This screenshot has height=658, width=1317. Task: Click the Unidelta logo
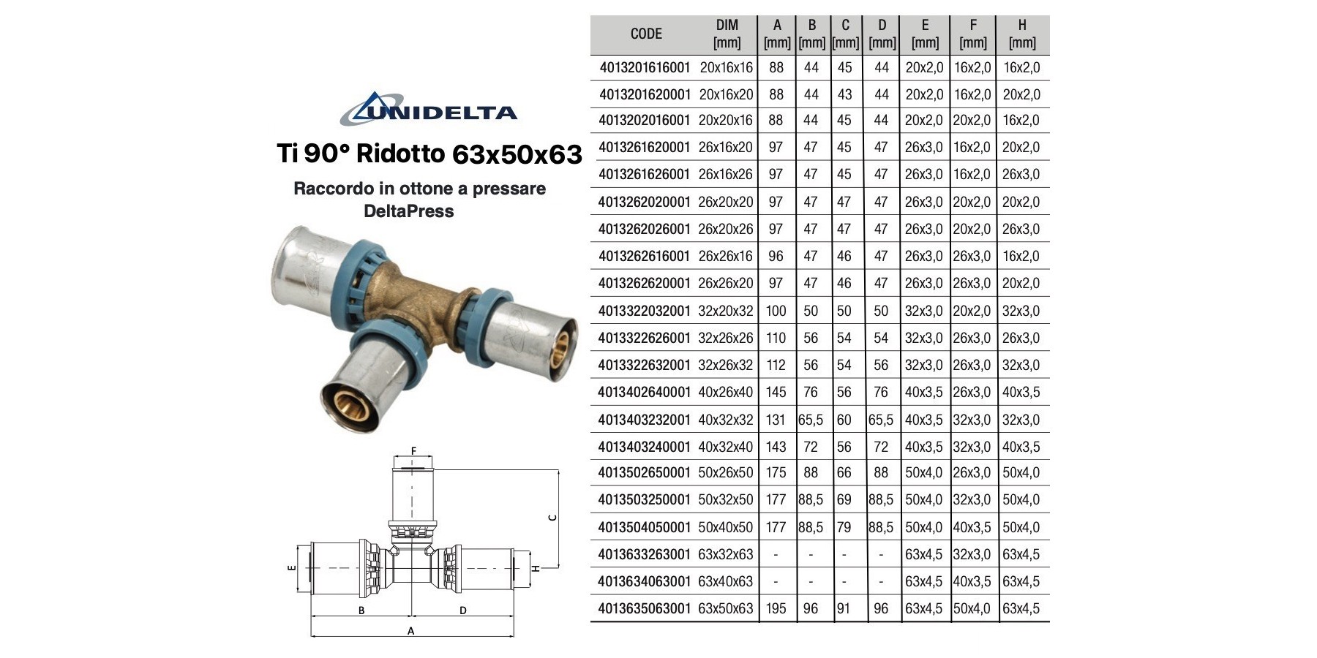tap(429, 109)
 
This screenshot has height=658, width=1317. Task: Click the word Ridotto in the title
tap(400, 154)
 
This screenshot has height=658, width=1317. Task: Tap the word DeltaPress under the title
tap(408, 211)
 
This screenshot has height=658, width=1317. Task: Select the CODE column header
tap(646, 34)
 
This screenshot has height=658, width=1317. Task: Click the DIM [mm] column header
tap(727, 34)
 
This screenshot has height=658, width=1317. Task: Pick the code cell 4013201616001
tap(645, 68)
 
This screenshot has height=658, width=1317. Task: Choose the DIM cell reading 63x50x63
tap(725, 608)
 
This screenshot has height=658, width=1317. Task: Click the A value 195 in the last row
tap(776, 608)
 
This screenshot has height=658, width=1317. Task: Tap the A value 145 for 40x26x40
tap(776, 392)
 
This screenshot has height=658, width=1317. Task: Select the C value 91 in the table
tap(844, 608)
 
